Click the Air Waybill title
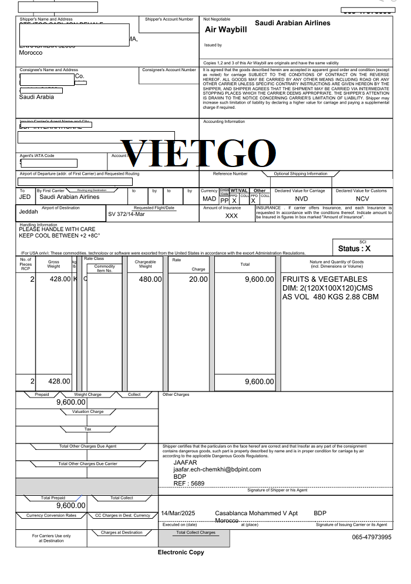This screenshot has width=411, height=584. pos(226,29)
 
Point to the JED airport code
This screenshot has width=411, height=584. pos(25,197)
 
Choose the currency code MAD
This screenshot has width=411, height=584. pos(210,199)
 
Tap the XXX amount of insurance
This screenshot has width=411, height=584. pos(232,216)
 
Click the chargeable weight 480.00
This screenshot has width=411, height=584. pos(150,279)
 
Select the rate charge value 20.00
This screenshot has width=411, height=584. pos(196,279)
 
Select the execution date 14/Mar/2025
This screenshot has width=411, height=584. pos(178,513)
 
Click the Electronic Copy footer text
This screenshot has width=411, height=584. pos(181,552)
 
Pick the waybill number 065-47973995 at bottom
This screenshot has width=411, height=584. pos(372,538)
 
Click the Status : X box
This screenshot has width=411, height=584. pos(362,249)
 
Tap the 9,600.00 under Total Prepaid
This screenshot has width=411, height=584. pos(71,505)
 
